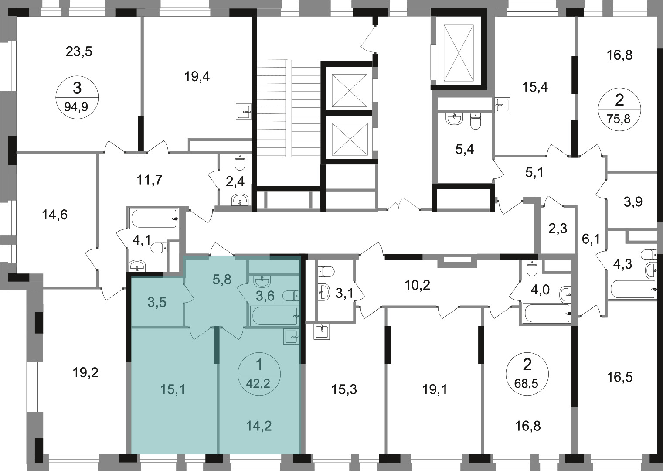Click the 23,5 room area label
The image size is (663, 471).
(79, 51)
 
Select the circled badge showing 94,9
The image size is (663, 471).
(77, 98)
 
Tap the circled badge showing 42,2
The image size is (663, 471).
(259, 374)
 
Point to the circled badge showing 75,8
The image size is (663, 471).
(619, 109)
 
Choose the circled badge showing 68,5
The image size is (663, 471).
(527, 374)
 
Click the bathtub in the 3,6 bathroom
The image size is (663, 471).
(274, 316)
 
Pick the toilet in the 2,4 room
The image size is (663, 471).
(240, 162)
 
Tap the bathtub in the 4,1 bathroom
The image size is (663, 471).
(154, 218)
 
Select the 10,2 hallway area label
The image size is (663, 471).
(417, 285)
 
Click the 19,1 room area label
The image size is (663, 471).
(435, 389)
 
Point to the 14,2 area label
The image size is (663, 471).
(258, 426)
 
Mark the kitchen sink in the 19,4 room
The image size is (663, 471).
(243, 112)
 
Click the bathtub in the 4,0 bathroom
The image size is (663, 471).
(546, 313)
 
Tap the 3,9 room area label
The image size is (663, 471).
(633, 202)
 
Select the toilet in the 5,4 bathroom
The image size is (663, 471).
(476, 121)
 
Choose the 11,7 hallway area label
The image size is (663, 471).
(150, 180)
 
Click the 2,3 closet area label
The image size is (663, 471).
(558, 229)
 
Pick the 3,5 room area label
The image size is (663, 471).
(157, 303)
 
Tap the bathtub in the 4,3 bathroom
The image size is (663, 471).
(632, 289)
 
